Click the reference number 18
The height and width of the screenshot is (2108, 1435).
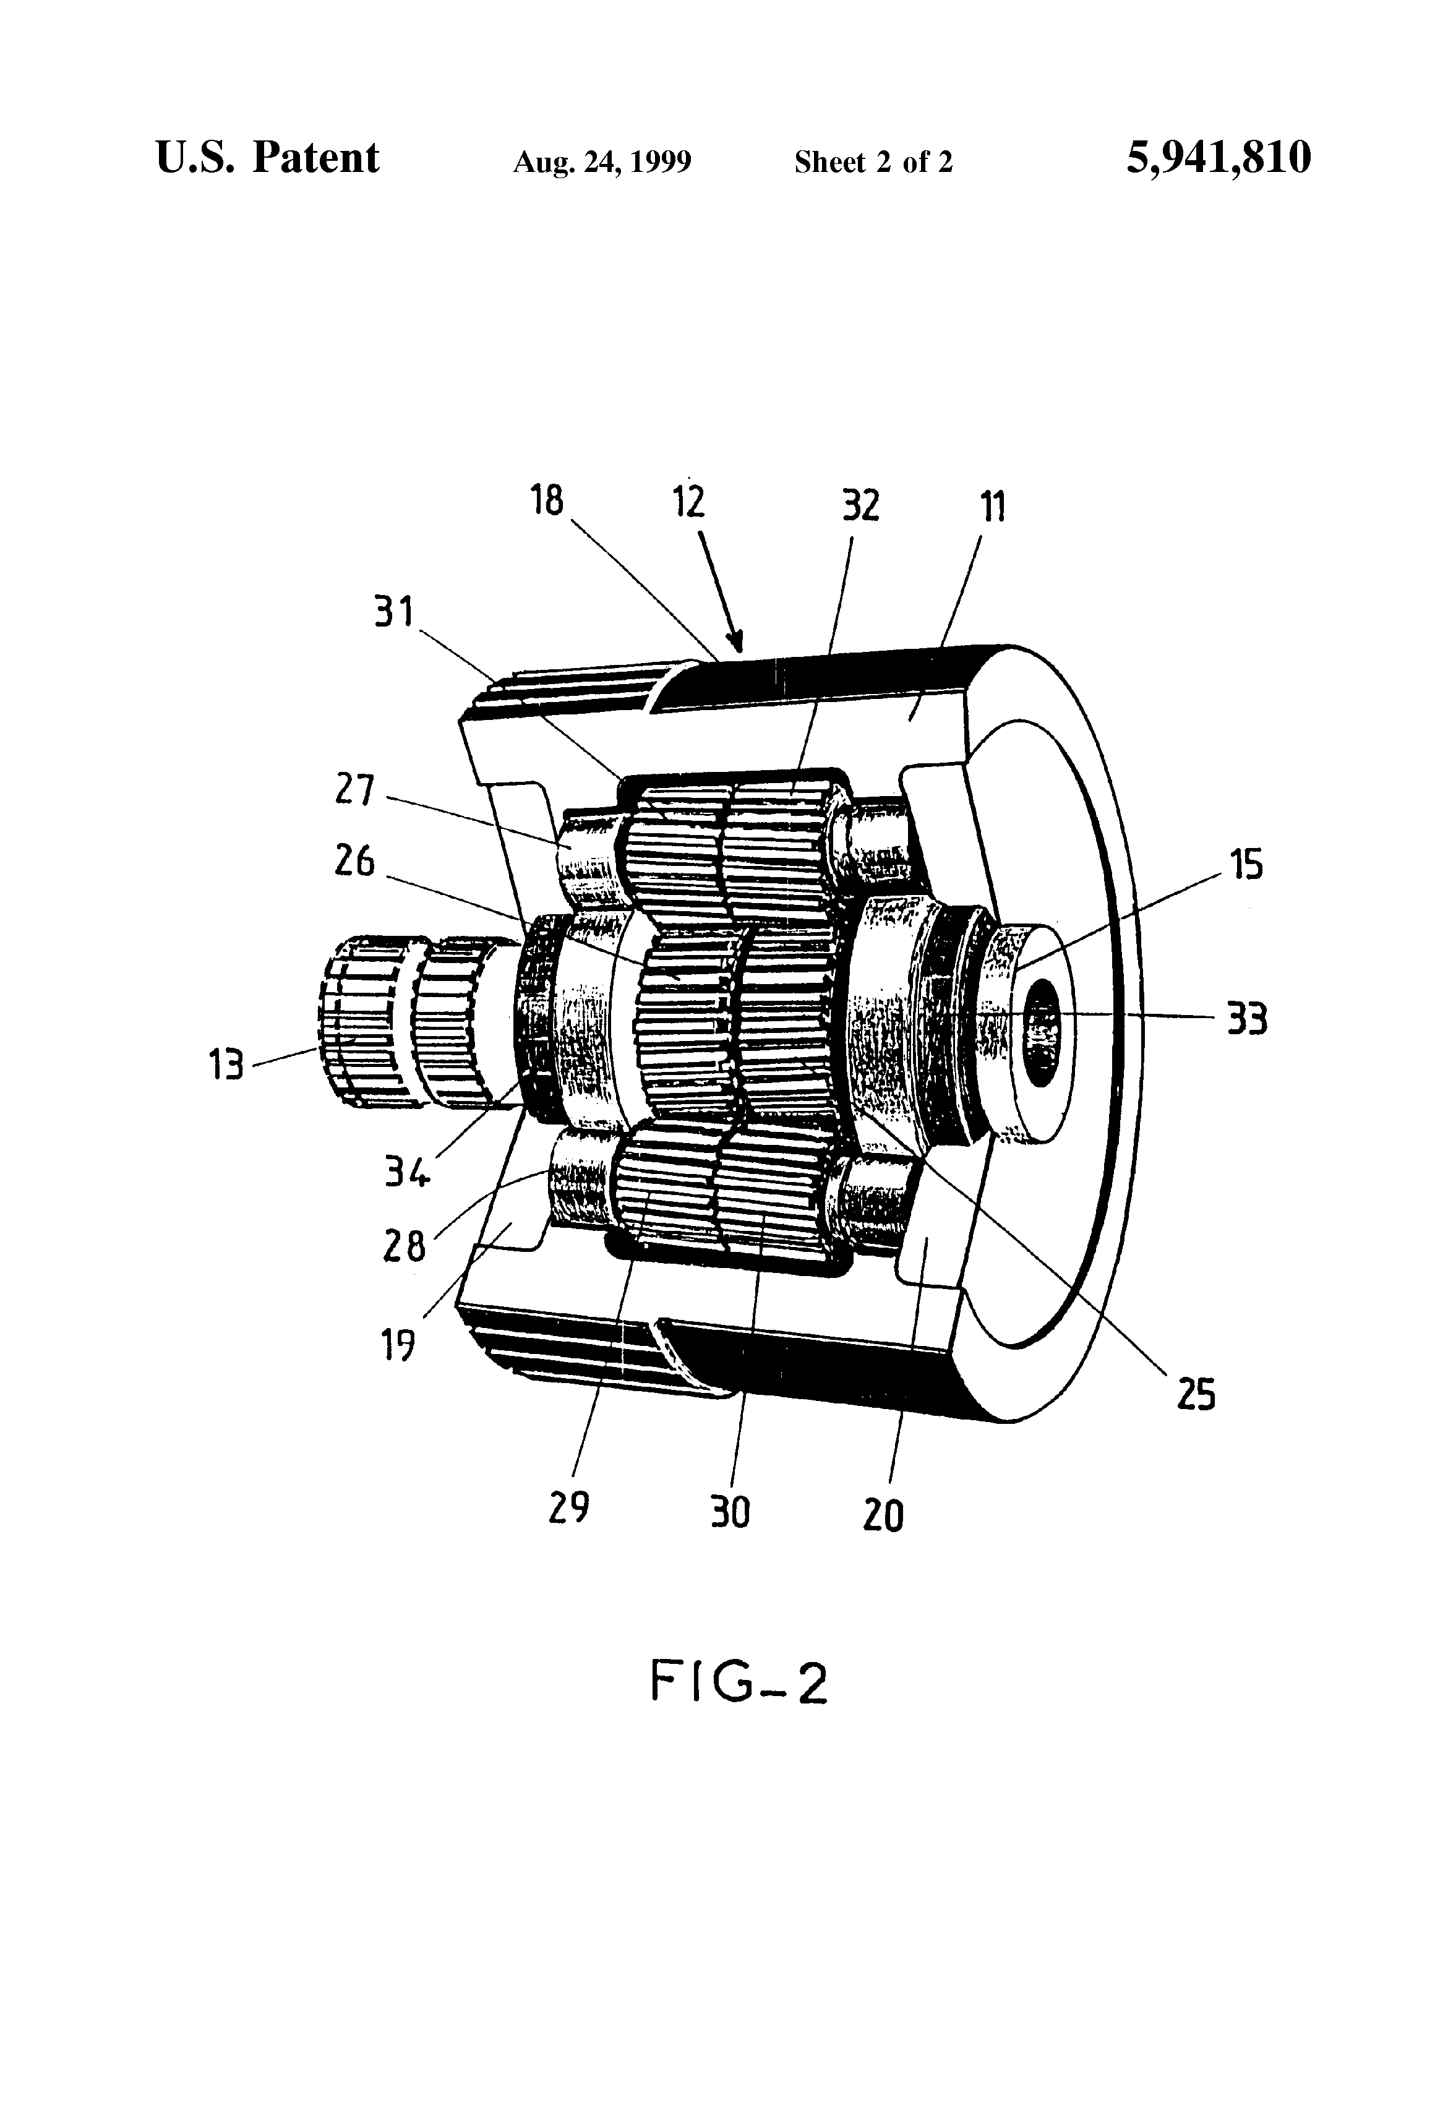[x=547, y=500]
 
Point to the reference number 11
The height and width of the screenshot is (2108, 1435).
[x=993, y=505]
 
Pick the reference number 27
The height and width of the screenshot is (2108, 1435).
[x=354, y=789]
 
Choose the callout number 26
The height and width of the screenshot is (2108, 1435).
[x=354, y=861]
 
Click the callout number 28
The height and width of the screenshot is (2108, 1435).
[x=404, y=1247]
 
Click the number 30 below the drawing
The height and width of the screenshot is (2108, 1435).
[x=729, y=1511]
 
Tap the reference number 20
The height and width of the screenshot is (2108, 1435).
[x=883, y=1514]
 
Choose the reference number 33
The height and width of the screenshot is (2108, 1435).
[x=1246, y=1019]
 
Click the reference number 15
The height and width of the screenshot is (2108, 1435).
[x=1246, y=865]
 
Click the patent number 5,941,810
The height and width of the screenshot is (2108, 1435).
[x=1219, y=158]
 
